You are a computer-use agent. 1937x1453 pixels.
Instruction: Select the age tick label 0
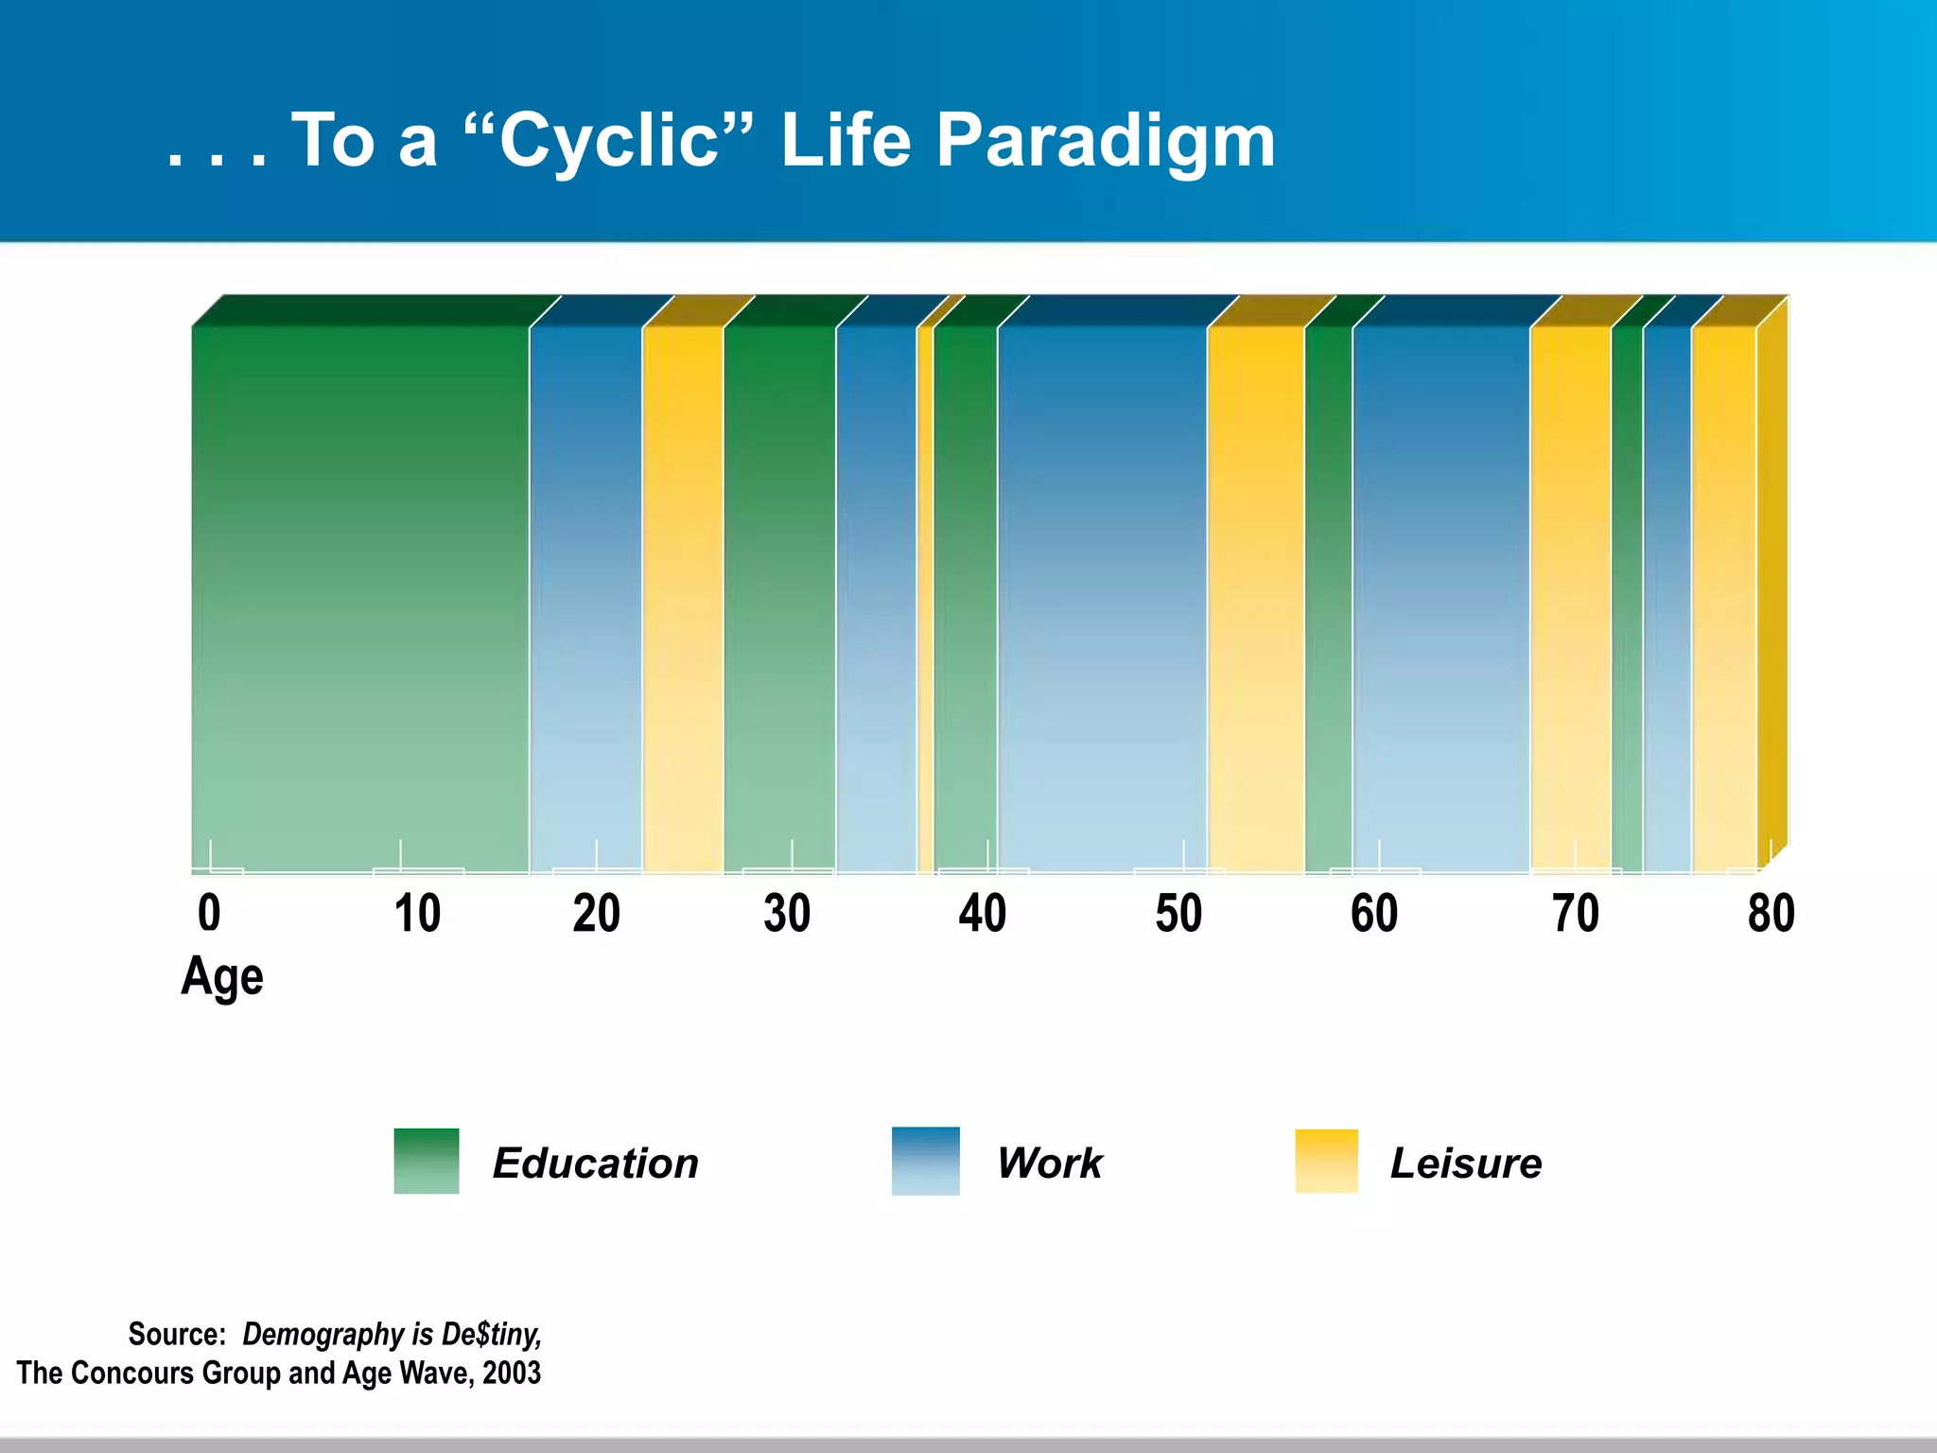pos(209,914)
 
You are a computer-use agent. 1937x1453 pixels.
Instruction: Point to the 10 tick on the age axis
pos(417,914)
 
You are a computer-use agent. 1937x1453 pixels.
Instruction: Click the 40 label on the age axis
pos(982,914)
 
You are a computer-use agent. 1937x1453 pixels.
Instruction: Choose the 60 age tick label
pos(1374,914)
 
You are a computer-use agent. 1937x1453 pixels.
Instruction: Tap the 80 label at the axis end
pos(1771,914)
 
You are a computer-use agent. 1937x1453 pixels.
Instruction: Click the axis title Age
pos(221,976)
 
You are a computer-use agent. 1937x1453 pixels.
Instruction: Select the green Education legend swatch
pos(427,1161)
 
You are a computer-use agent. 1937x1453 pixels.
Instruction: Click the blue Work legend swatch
pos(925,1161)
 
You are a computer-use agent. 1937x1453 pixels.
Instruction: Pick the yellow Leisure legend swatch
pos(1326,1161)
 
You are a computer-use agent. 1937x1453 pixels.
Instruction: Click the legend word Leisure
pos(1465,1163)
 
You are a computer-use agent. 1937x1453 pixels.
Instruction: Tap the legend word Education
pos(595,1163)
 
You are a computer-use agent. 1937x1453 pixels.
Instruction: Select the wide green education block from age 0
pos(359,596)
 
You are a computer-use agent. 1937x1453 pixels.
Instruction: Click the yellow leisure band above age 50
pos(1256,596)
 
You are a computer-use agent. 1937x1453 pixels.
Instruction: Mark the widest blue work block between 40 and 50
pos(1102,596)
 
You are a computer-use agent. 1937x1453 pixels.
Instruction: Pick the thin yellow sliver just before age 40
pos(925,596)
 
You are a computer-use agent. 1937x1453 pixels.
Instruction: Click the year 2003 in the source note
pos(512,1373)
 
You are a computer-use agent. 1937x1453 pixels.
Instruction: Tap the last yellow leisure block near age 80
pos(1723,596)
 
